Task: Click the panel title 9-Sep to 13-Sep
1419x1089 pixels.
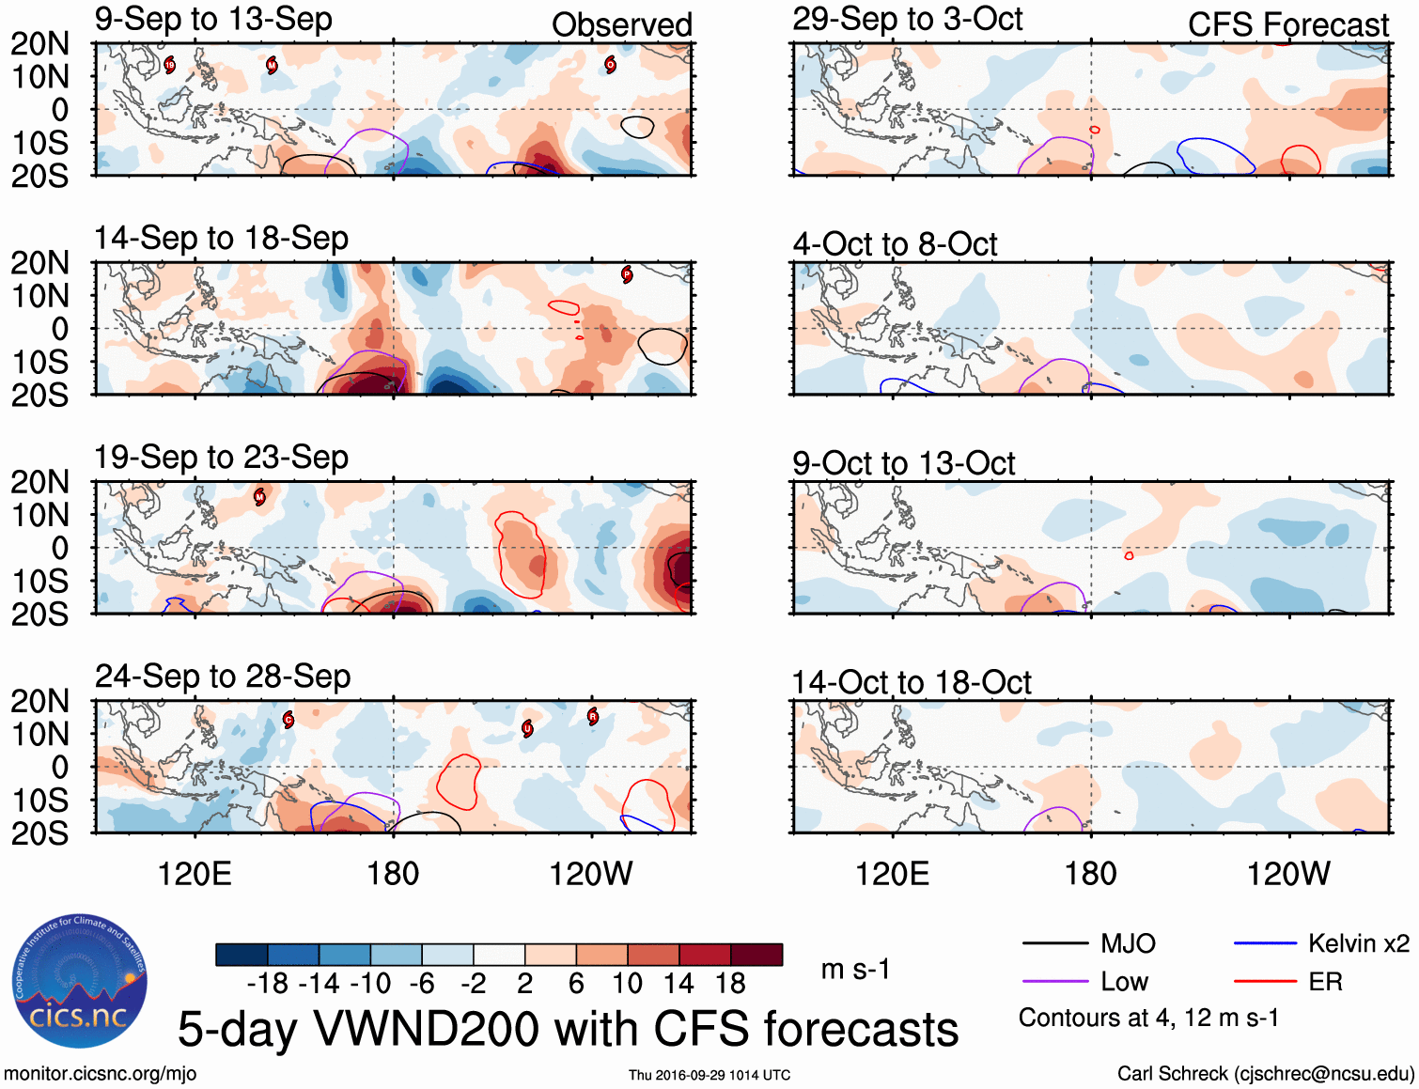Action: click(x=213, y=19)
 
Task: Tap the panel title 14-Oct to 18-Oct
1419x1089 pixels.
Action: click(x=912, y=682)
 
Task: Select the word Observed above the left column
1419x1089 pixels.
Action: click(x=621, y=24)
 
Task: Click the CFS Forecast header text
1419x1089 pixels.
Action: click(x=1287, y=24)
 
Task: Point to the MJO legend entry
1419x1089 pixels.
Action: click(x=1128, y=943)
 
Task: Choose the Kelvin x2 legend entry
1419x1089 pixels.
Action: click(x=1358, y=943)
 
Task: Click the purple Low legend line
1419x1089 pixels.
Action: click(x=1054, y=982)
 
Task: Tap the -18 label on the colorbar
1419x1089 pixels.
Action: click(x=267, y=984)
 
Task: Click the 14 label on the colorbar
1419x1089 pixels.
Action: click(x=678, y=984)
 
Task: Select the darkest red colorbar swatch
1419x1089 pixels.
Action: click(x=756, y=955)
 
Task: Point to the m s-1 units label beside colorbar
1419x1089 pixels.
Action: click(x=855, y=969)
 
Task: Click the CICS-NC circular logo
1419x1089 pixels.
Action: click(x=80, y=981)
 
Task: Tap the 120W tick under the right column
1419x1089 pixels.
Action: click(x=1287, y=874)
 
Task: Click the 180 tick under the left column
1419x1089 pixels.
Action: click(x=393, y=874)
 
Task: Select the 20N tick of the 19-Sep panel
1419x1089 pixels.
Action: click(x=40, y=482)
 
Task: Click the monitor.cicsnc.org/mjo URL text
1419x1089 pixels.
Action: click(x=100, y=1074)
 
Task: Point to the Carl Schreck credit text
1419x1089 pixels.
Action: click(x=1265, y=1074)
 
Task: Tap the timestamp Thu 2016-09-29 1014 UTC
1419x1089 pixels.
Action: click(x=709, y=1075)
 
